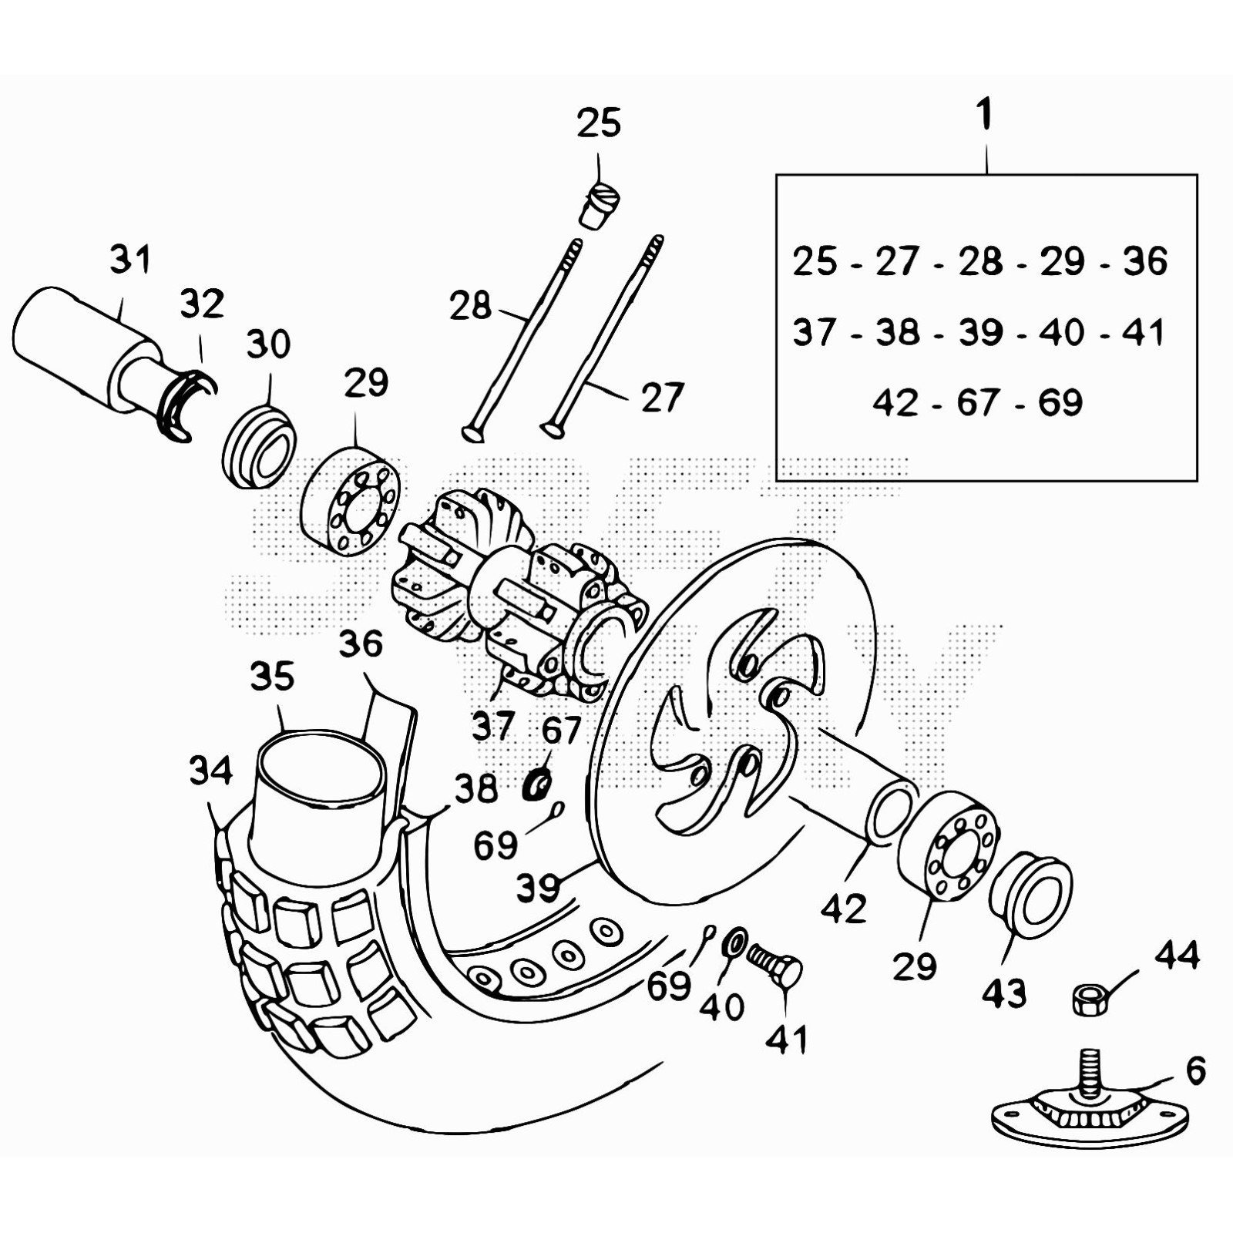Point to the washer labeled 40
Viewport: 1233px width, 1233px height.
734,941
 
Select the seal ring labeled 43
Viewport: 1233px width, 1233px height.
1031,894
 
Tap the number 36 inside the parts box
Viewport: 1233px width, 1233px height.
1145,261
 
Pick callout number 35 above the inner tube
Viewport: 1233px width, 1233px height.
272,677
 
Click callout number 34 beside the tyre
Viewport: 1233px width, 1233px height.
210,771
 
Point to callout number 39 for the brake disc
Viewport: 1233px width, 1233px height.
538,888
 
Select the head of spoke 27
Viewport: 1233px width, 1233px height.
553,428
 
